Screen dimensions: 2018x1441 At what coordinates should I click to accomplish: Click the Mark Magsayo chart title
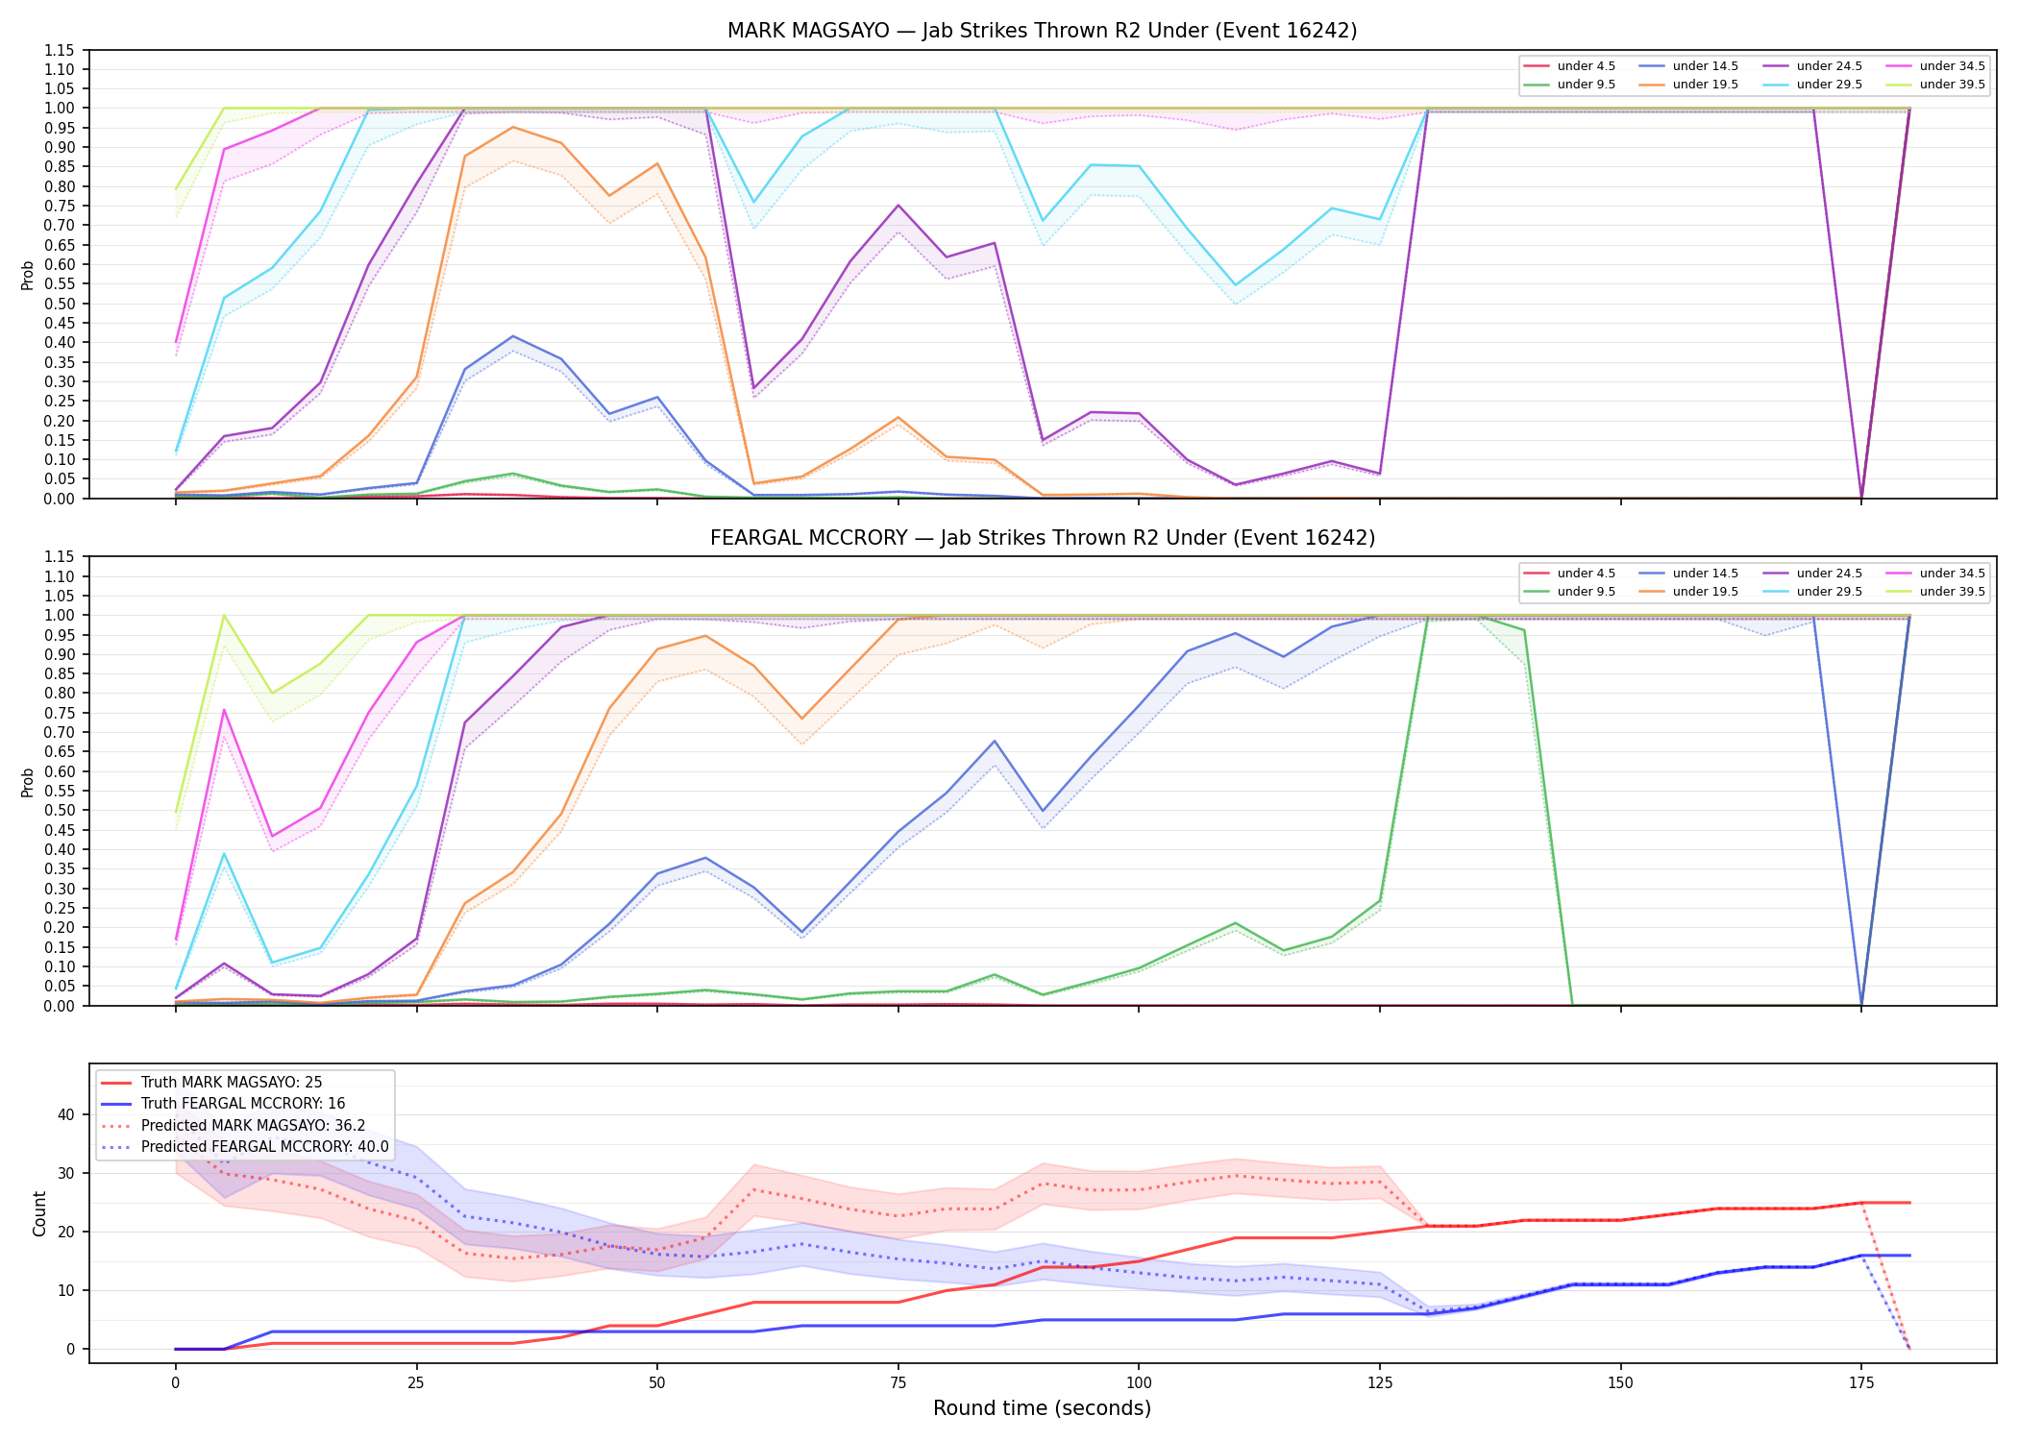(x=1042, y=31)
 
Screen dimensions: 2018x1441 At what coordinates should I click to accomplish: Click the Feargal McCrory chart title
(x=1042, y=538)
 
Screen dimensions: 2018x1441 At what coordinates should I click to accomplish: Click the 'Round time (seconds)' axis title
(x=1042, y=1408)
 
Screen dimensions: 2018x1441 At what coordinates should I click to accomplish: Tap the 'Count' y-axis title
(x=39, y=1213)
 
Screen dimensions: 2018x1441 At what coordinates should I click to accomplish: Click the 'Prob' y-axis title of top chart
(x=28, y=275)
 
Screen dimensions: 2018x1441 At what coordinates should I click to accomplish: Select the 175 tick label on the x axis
(x=1861, y=1383)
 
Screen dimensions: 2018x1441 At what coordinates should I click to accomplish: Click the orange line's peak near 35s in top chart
(x=513, y=127)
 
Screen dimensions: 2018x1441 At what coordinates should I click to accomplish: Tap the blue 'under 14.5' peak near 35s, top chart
(x=513, y=336)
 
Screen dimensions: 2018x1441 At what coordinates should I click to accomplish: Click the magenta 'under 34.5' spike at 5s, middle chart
(x=224, y=710)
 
